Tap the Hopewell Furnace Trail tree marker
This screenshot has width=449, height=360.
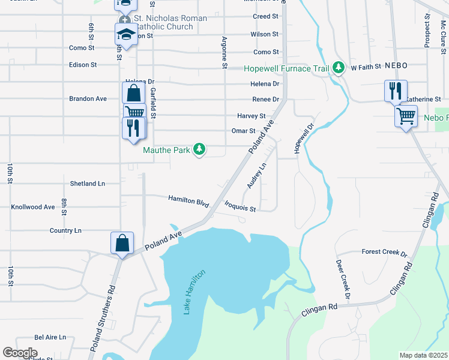pyautogui.click(x=339, y=68)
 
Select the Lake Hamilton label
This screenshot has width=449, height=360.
pyautogui.click(x=194, y=292)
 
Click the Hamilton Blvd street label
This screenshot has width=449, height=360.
pyautogui.click(x=188, y=200)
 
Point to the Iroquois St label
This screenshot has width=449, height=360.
pyautogui.click(x=240, y=207)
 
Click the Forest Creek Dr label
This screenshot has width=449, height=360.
pyautogui.click(x=384, y=253)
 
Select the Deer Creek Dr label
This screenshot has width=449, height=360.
pyautogui.click(x=343, y=280)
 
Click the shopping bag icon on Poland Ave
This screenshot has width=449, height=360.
pyautogui.click(x=122, y=243)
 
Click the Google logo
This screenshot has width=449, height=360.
pyautogui.click(x=20, y=353)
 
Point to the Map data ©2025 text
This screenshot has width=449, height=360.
pyautogui.click(x=424, y=355)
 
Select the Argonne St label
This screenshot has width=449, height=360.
pyautogui.click(x=224, y=43)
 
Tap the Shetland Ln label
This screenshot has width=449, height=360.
pyautogui.click(x=87, y=183)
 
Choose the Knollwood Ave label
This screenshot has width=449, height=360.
pyautogui.click(x=33, y=207)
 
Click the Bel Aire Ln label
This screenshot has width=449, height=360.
pyautogui.click(x=50, y=338)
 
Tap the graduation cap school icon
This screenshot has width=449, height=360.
pyautogui.click(x=126, y=34)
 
